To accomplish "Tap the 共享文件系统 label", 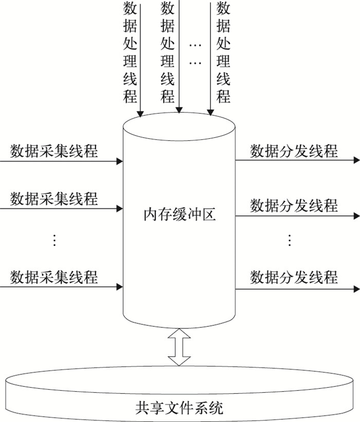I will (179, 409).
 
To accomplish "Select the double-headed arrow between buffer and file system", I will (179, 347).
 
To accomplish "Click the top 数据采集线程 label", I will (54, 152).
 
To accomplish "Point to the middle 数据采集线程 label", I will (54, 198).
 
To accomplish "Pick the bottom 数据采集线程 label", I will (54, 277).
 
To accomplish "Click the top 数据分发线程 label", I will (294, 151).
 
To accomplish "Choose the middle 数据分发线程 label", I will (294, 206).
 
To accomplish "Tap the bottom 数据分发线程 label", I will (294, 277).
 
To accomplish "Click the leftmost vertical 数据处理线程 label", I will (131, 52).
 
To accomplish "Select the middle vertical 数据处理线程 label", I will (168, 52).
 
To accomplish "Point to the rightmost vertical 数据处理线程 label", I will (223, 52).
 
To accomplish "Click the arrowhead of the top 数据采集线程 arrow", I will (120, 161).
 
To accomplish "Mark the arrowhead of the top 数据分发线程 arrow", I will (356, 160).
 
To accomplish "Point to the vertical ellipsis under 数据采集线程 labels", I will (55, 240).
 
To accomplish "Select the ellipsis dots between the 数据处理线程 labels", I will (195, 54).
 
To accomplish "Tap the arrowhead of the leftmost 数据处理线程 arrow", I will (140, 113).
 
